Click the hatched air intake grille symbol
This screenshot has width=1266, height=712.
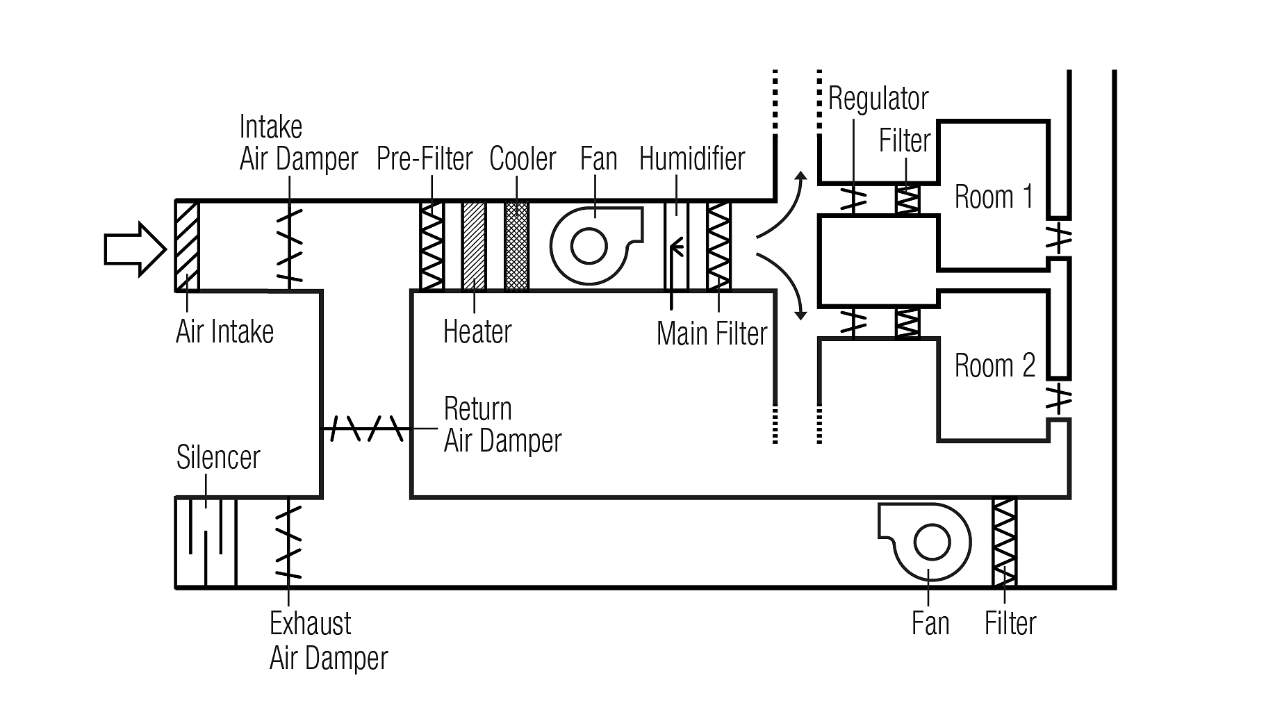pyautogui.click(x=186, y=246)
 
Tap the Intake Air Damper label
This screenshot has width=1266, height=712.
pyautogui.click(x=298, y=144)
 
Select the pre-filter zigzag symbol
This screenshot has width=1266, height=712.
pyautogui.click(x=431, y=246)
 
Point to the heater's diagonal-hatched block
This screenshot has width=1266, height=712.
pyautogui.click(x=474, y=246)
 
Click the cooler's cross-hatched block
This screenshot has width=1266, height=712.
pyautogui.click(x=516, y=246)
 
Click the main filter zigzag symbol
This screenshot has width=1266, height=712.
pyautogui.click(x=718, y=246)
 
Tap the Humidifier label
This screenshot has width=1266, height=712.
pyautogui.click(x=691, y=159)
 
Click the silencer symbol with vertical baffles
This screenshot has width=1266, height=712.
pyautogui.click(x=206, y=543)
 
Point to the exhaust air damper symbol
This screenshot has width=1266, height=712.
pyautogui.click(x=288, y=543)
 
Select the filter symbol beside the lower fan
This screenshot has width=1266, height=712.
pyautogui.click(x=1004, y=543)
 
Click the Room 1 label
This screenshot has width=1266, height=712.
pyautogui.click(x=994, y=197)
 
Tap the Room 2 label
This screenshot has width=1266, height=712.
pyautogui.click(x=994, y=366)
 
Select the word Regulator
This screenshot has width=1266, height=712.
pyautogui.click(x=878, y=99)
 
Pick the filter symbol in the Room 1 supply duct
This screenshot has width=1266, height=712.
pyautogui.click(x=907, y=199)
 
